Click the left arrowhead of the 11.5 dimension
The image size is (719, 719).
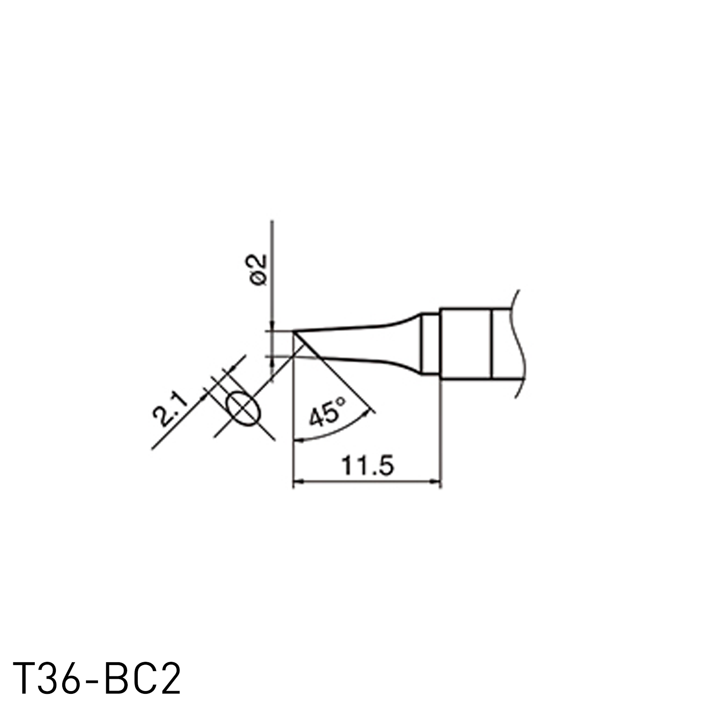point(297,481)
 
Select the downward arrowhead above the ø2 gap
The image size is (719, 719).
point(272,325)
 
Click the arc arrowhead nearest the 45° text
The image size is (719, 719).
point(366,414)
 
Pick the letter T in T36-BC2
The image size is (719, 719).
point(25,678)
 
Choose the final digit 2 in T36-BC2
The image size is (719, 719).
point(169,678)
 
